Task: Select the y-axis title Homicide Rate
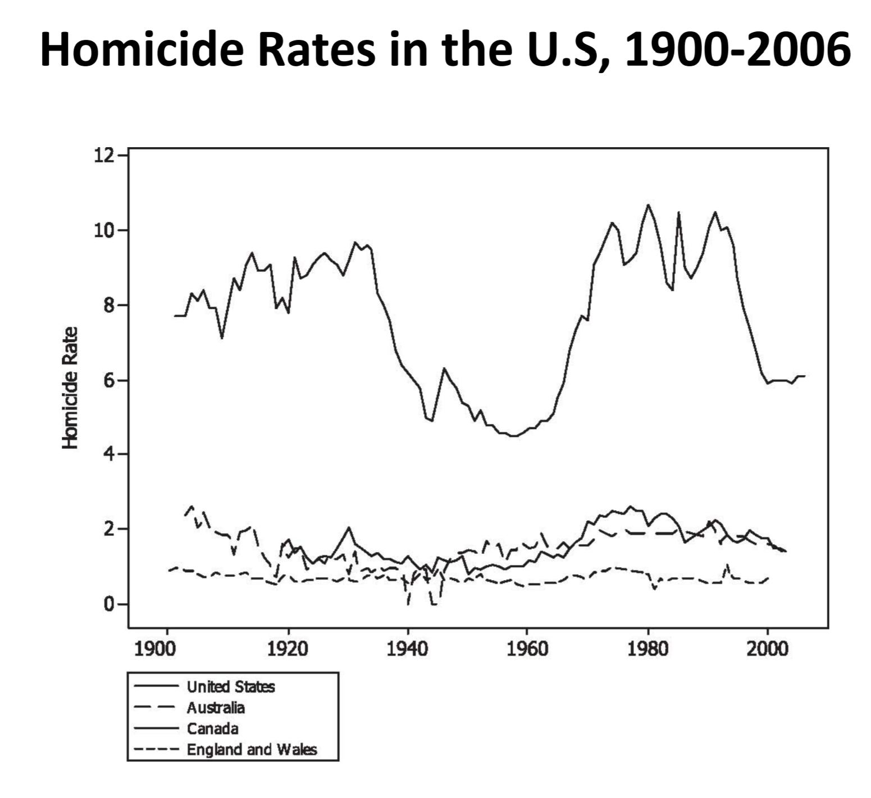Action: (x=70, y=387)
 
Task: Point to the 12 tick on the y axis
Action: (x=103, y=155)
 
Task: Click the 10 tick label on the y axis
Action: (x=103, y=230)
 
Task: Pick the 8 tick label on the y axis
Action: (x=107, y=305)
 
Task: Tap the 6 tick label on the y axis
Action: (x=107, y=380)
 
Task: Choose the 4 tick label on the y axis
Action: (x=107, y=454)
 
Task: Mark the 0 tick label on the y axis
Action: (x=107, y=604)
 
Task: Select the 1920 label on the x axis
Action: (x=288, y=649)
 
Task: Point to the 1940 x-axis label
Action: (x=408, y=649)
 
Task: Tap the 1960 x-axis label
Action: (x=527, y=649)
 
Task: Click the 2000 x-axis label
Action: (x=768, y=649)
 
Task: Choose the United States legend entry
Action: (x=231, y=686)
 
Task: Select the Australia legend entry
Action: (x=216, y=707)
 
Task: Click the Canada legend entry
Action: (x=212, y=728)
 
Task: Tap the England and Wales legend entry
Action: (x=252, y=749)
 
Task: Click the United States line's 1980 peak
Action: (x=648, y=205)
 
